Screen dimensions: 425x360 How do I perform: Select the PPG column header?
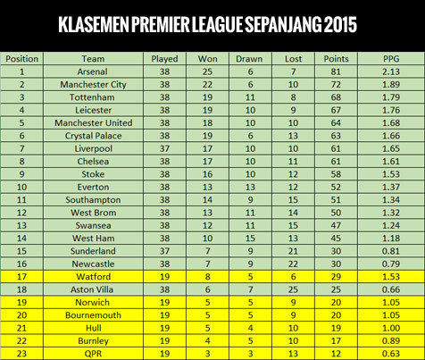(389, 58)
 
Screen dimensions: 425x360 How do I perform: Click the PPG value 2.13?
(389, 71)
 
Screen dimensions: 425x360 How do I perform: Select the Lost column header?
(294, 58)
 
